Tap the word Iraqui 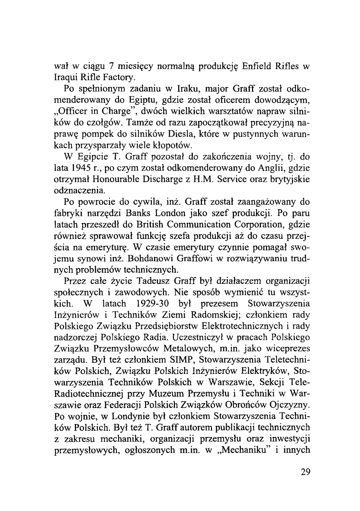tap(65, 77)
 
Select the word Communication tap(203, 225)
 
